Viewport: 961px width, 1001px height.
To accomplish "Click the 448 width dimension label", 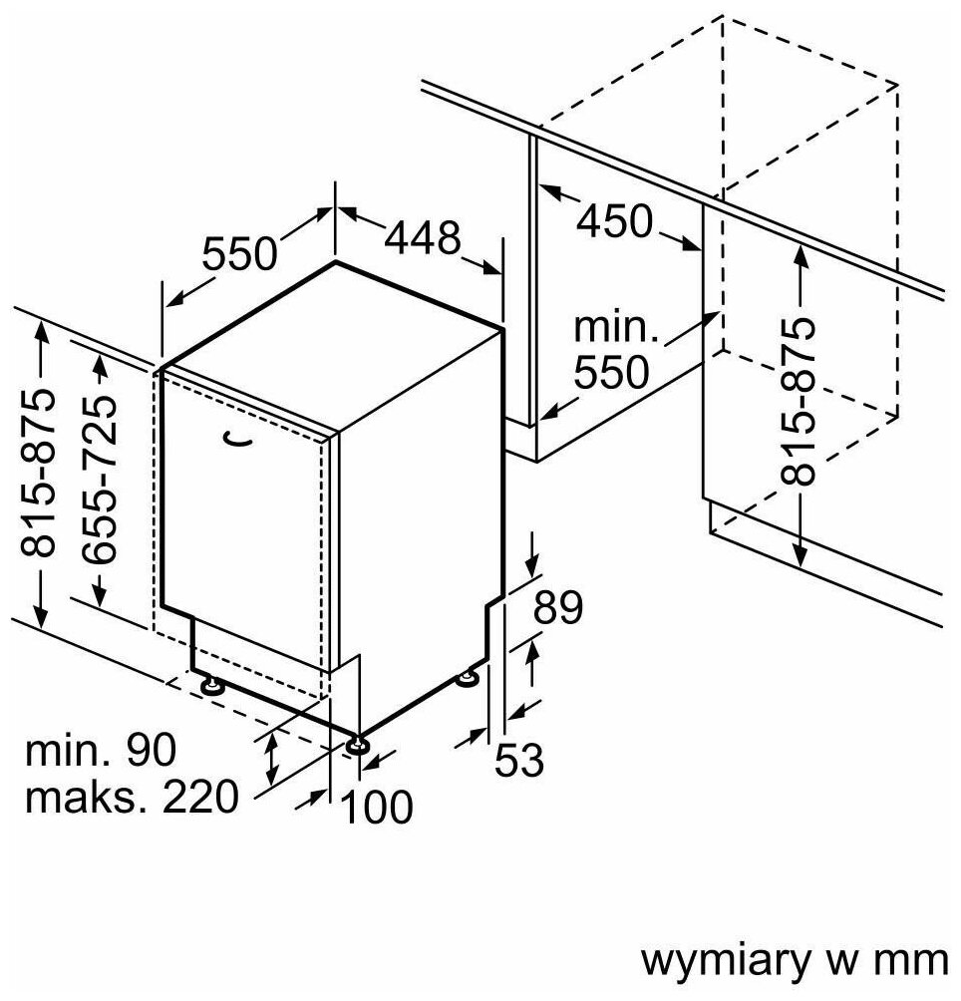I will [x=424, y=238].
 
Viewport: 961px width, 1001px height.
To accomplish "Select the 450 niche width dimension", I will [x=614, y=220].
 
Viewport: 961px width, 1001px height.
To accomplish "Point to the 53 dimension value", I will [x=519, y=761].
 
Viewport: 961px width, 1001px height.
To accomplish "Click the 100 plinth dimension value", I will [x=377, y=807].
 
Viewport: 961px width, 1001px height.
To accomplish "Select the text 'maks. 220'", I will [x=133, y=796].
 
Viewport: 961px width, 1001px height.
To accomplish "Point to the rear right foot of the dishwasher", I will [x=467, y=680].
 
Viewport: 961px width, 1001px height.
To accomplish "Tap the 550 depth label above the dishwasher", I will [x=239, y=254].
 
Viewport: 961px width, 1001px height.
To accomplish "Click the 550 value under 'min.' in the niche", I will [x=611, y=372].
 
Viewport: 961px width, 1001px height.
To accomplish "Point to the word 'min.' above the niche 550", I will [x=611, y=327].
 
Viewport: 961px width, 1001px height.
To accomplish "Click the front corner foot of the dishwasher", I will [x=357, y=744].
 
